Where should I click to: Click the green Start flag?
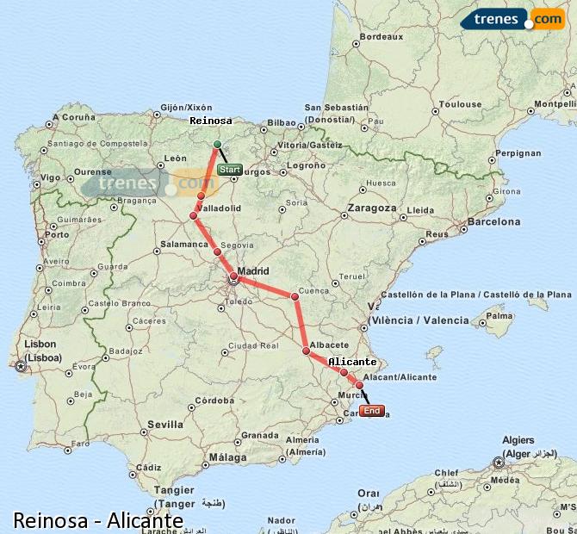tap(230, 170)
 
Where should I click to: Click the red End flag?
tap(372, 411)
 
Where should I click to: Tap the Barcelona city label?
tap(493, 221)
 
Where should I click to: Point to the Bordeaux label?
tap(381, 37)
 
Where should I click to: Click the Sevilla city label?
tap(165, 425)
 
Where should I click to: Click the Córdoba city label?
tap(214, 400)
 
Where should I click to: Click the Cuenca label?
tap(314, 291)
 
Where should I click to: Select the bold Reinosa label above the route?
tap(211, 121)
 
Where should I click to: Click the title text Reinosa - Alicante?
tap(97, 520)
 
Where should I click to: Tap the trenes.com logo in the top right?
tap(512, 19)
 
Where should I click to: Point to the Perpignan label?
tap(519, 153)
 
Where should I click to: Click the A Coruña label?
tap(73, 116)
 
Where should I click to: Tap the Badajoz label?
tap(125, 351)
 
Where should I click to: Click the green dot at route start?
tap(217, 144)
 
